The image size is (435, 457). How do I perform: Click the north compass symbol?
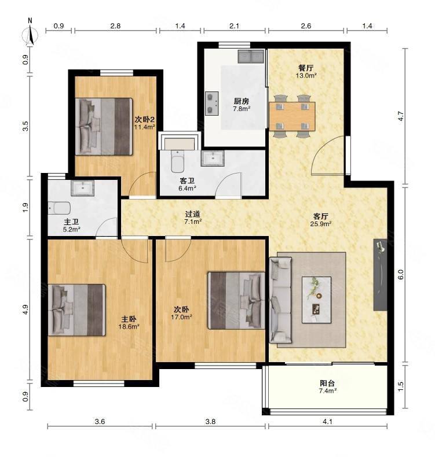[x=30, y=34]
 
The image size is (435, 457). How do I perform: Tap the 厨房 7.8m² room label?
[x=242, y=105]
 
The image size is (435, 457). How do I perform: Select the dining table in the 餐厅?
[x=292, y=116]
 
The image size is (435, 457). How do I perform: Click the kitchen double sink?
[x=251, y=57]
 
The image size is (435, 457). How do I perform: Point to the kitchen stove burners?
[x=212, y=104]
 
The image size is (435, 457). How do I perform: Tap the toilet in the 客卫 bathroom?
[x=177, y=161]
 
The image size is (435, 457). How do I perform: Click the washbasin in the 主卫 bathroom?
[x=83, y=188]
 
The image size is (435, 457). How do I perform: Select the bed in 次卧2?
[x=104, y=127]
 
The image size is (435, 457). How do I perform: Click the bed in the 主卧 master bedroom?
[x=76, y=310]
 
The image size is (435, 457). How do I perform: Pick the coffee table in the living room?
[x=317, y=300]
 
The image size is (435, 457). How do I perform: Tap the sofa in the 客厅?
[x=280, y=300]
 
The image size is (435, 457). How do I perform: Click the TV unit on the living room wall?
[x=381, y=275]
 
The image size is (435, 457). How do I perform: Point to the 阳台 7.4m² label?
[x=328, y=387]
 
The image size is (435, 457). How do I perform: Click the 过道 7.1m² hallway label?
[x=193, y=218]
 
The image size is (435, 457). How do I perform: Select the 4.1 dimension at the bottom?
[x=328, y=422]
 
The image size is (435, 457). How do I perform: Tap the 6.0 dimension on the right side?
[x=401, y=275]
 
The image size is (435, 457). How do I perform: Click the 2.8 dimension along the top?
[x=115, y=26]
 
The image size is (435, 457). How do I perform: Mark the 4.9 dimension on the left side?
[x=25, y=309]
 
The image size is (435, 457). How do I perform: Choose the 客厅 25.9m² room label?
[x=321, y=220]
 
